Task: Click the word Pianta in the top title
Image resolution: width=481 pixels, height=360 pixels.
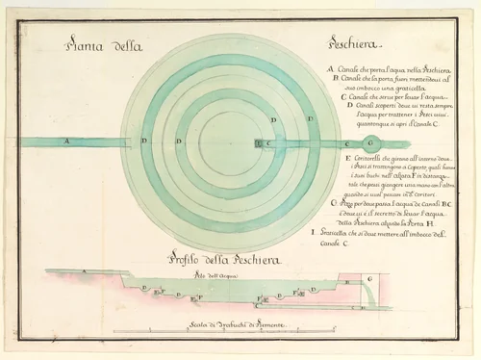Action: [x=86, y=46]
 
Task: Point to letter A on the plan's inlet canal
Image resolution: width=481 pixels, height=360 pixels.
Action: [x=66, y=141]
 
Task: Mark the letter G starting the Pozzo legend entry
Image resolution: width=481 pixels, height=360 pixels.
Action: [x=333, y=203]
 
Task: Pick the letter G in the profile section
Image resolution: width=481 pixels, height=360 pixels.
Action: [x=371, y=277]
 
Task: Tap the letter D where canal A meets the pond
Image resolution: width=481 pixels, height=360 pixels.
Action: [x=144, y=141]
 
